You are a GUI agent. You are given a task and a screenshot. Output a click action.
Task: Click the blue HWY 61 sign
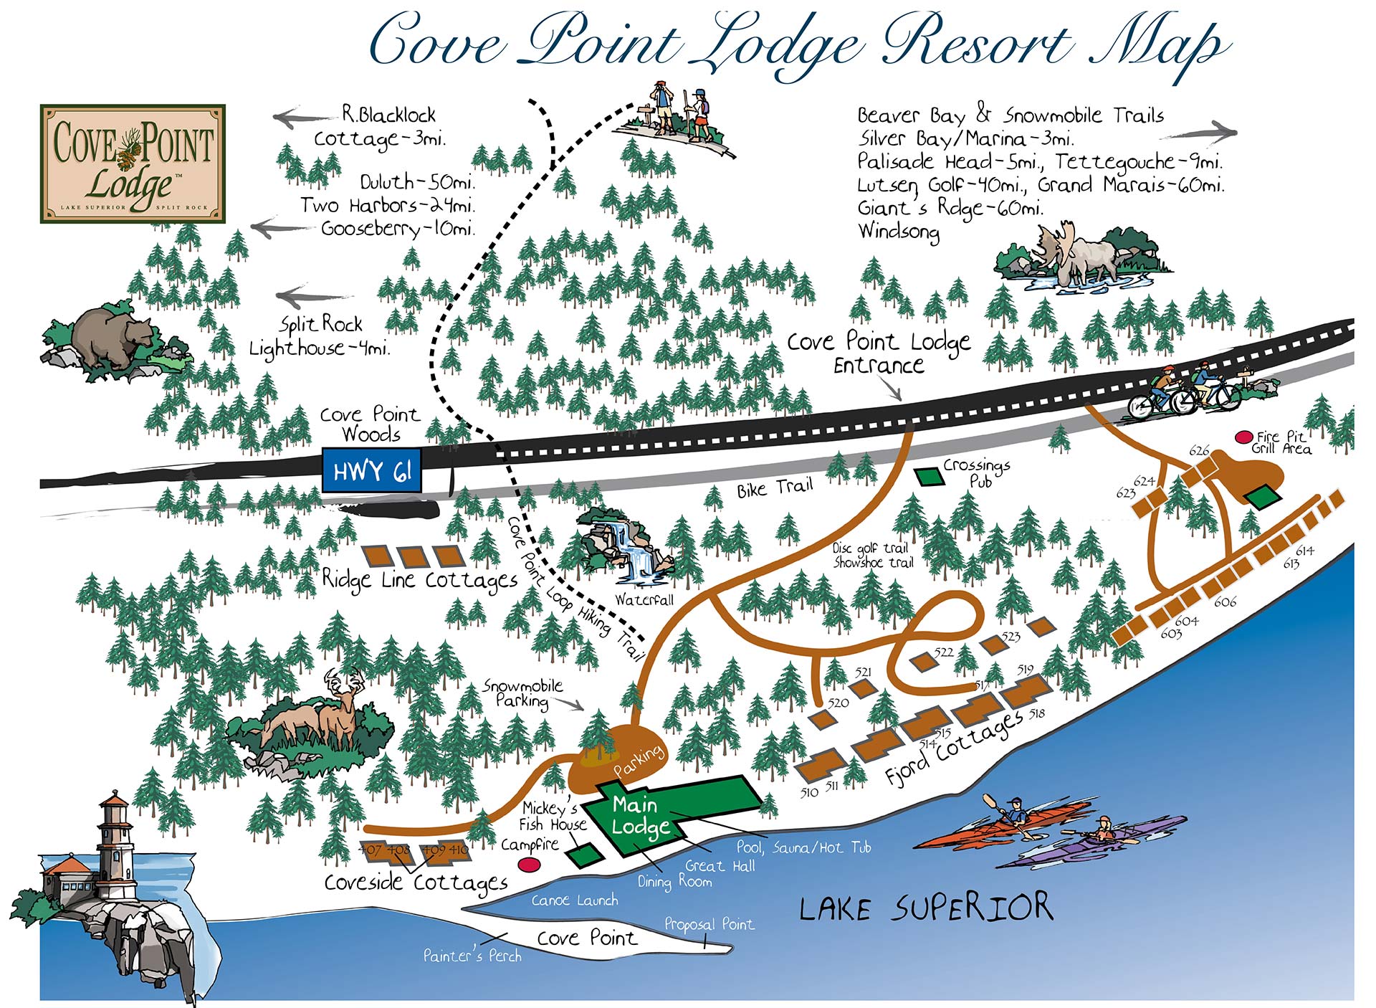pos(371,471)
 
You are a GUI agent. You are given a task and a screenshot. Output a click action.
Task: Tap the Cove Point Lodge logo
pos(133,163)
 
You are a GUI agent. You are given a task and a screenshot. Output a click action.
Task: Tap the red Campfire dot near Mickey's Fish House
pos(529,865)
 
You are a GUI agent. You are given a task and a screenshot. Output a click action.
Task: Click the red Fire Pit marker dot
pos(1244,437)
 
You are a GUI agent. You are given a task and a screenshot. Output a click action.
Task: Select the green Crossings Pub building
pos(930,475)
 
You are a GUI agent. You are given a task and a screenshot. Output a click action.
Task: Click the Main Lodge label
pos(638,814)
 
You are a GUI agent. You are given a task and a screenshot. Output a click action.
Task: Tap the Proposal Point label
pos(709,924)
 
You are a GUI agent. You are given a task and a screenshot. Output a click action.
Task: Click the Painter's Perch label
pos(472,956)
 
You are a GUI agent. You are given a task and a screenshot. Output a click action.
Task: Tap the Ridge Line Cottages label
pos(419,579)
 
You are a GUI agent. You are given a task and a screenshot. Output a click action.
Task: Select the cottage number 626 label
pos(1199,450)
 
